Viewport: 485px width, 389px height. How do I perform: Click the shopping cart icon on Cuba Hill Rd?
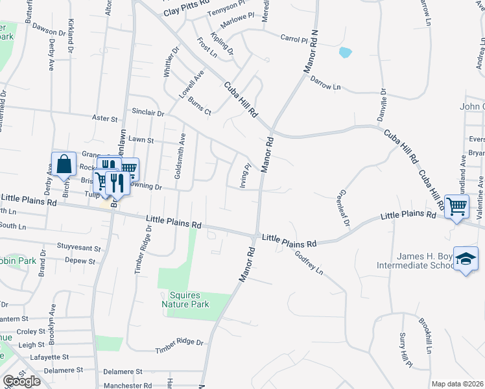point(457,207)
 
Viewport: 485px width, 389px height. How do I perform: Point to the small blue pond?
point(345,52)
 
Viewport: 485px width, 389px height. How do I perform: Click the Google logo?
point(21,381)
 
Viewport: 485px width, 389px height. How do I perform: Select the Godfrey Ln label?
point(309,262)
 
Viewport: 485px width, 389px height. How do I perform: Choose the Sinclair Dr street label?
point(147,113)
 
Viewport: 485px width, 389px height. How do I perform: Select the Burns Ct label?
point(200,106)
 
